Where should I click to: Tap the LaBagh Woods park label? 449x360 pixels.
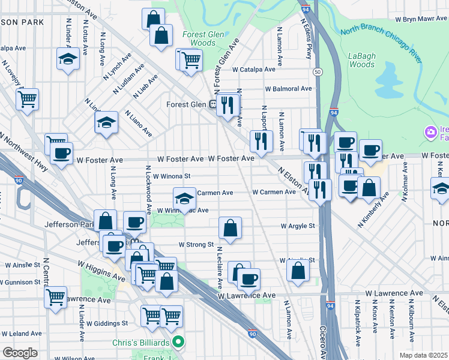click(362, 60)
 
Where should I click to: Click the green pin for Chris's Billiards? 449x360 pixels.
click(177, 342)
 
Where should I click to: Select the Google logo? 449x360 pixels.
click(20, 353)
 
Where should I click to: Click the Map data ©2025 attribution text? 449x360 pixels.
click(424, 355)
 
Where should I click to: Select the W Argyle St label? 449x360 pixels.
click(298, 226)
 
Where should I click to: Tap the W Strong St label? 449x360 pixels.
click(196, 245)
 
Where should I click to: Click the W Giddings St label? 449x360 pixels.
click(107, 323)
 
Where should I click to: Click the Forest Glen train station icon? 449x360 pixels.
click(213, 103)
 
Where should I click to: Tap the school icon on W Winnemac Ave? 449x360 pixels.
click(184, 198)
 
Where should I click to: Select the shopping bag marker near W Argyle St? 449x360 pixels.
click(230, 227)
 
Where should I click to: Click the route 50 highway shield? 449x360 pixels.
click(317, 72)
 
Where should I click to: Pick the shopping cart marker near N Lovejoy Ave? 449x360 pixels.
click(27, 98)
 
